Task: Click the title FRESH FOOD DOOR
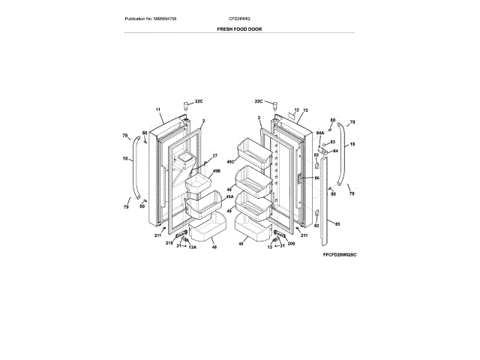[240, 29]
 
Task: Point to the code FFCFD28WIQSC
[340, 256]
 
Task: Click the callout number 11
[158, 109]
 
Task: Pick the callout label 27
[214, 155]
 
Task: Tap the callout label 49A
[229, 196]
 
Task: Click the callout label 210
[169, 243]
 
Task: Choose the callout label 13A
[193, 247]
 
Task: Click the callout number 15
[305, 110]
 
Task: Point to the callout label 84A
[319, 133]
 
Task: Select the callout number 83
[332, 141]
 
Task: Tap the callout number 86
[316, 178]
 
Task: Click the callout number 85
[337, 223]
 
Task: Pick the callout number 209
[291, 243]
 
